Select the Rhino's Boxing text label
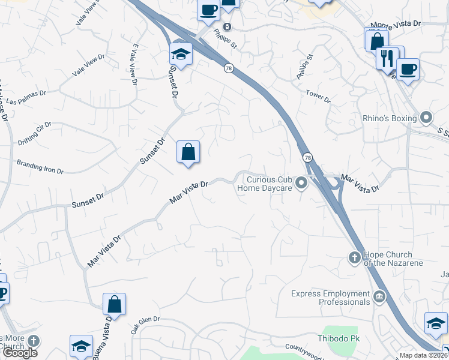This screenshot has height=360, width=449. pyautogui.click(x=390, y=118)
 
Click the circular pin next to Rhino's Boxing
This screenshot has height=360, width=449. pyautogui.click(x=426, y=118)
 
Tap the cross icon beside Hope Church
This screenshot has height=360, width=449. pyautogui.click(x=354, y=259)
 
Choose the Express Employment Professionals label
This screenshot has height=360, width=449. pyautogui.click(x=330, y=297)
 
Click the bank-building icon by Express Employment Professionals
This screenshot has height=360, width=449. pyautogui.click(x=379, y=296)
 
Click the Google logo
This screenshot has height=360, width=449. pyautogui.click(x=19, y=352)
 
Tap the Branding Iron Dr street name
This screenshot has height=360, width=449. pyautogui.click(x=40, y=166)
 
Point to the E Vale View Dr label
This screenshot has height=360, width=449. pyautogui.click(x=134, y=65)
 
